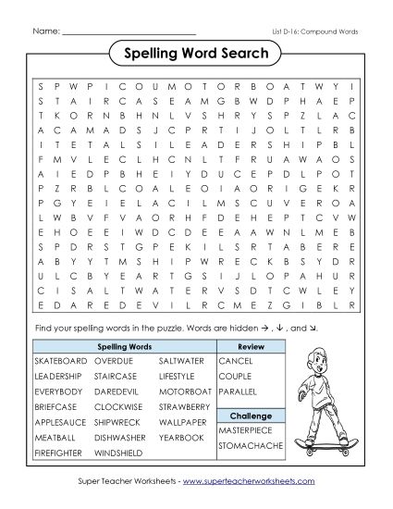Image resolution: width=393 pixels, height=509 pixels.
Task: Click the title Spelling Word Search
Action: (x=195, y=54)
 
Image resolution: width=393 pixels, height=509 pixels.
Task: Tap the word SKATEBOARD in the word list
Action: (x=58, y=360)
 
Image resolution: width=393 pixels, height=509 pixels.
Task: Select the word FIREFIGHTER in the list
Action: (x=58, y=452)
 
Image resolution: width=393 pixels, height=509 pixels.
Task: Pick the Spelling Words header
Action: (x=124, y=344)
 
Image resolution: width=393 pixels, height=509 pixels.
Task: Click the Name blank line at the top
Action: (x=129, y=32)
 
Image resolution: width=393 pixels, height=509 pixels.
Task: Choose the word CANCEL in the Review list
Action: (x=235, y=360)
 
